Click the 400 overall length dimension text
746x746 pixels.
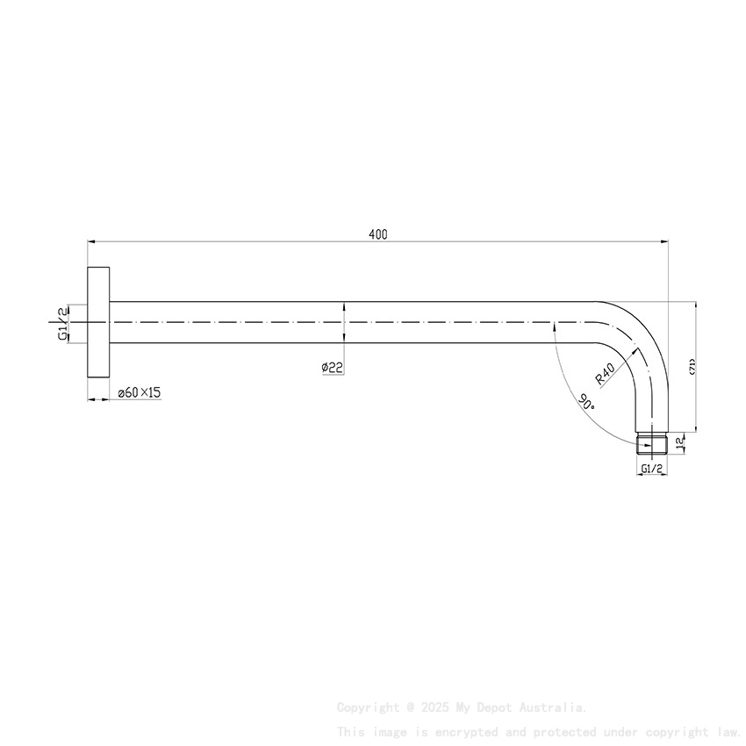click(x=377, y=234)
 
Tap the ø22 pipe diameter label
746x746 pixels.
click(x=331, y=367)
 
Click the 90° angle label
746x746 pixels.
click(x=586, y=402)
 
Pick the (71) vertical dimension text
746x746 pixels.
click(x=692, y=367)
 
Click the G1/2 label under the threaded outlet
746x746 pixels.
click(x=651, y=469)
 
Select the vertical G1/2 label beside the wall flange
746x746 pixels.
click(x=63, y=323)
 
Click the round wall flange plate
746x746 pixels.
click(x=97, y=322)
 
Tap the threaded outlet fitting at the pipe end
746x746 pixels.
click(x=650, y=442)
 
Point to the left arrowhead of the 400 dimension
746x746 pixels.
click(x=90, y=240)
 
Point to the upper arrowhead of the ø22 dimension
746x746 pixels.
click(x=344, y=306)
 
